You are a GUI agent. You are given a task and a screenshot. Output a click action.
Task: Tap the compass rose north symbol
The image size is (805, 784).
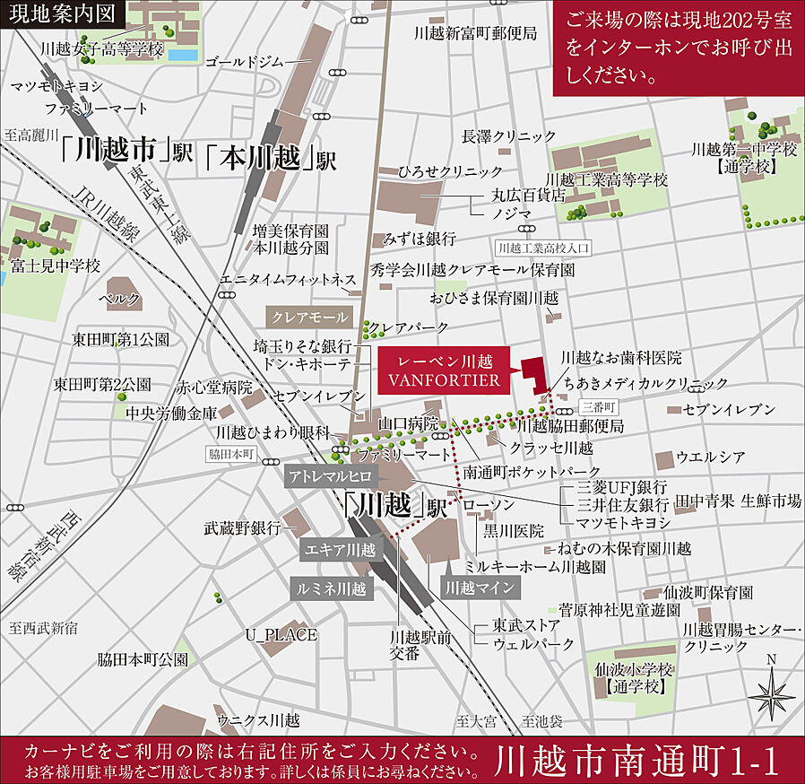(772, 692)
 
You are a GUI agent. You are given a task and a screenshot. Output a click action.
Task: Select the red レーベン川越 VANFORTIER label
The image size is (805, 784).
(441, 371)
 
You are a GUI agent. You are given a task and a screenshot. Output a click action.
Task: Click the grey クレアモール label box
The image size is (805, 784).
(309, 318)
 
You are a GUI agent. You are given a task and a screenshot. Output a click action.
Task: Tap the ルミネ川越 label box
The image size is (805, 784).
(332, 588)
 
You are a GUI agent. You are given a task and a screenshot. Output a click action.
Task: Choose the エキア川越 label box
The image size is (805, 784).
(340, 549)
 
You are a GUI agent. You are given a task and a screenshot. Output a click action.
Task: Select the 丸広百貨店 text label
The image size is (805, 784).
(529, 194)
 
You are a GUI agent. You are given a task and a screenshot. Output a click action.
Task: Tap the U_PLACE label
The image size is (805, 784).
(281, 635)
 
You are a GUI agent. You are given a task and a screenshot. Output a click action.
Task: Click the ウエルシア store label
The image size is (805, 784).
(711, 457)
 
